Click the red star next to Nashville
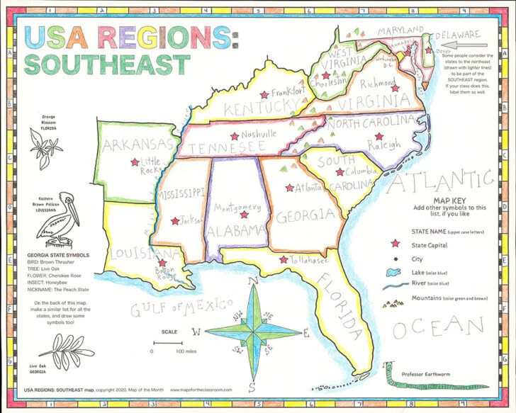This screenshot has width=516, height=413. click(x=233, y=136)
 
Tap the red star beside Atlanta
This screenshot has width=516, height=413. click(x=289, y=188)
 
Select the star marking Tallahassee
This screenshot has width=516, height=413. click(x=284, y=260)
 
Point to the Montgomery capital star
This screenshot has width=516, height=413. click(x=245, y=214)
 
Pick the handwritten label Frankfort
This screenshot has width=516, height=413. click(x=288, y=92)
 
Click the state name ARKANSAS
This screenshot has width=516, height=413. click(x=136, y=145)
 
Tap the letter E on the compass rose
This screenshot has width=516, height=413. click(x=306, y=333)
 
